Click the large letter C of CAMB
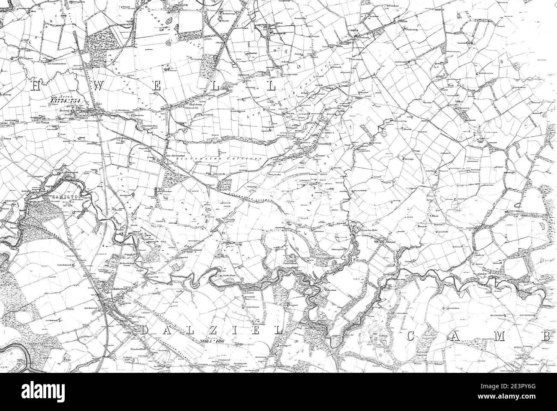[x=410, y=336]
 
